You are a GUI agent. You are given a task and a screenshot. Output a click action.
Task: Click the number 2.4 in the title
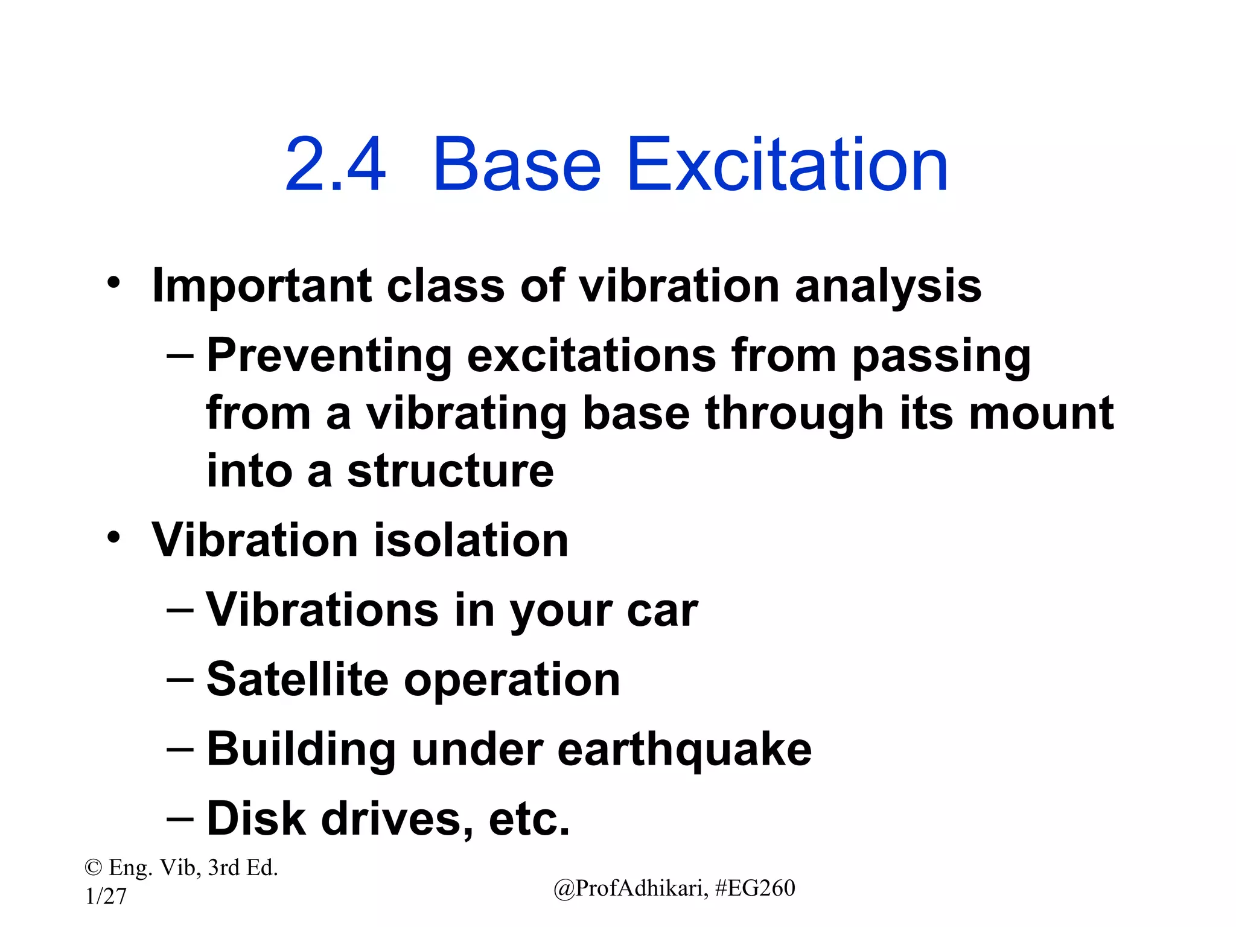pyautogui.click(x=335, y=165)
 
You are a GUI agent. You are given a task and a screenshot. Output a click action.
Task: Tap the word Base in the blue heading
pyautogui.click(x=517, y=165)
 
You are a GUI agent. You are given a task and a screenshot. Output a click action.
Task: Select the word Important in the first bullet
pyautogui.click(x=261, y=286)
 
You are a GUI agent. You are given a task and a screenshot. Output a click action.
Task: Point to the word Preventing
pyautogui.click(x=329, y=356)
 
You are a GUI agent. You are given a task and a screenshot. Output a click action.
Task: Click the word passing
pyautogui.click(x=941, y=356)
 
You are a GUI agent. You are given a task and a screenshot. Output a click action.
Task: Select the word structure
pyautogui.click(x=450, y=471)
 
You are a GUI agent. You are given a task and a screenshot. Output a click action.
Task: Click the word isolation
pyautogui.click(x=471, y=540)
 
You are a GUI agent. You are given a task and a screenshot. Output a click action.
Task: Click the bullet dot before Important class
pyautogui.click(x=114, y=282)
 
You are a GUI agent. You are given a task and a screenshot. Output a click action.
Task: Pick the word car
pyautogui.click(x=662, y=610)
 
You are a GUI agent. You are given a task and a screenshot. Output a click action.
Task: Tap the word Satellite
pyautogui.click(x=298, y=680)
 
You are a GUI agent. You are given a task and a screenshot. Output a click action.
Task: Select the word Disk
pyautogui.click(x=256, y=819)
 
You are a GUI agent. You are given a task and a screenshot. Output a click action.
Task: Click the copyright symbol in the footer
pyautogui.click(x=93, y=868)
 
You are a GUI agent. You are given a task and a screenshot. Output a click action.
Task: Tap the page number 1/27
pyautogui.click(x=106, y=896)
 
